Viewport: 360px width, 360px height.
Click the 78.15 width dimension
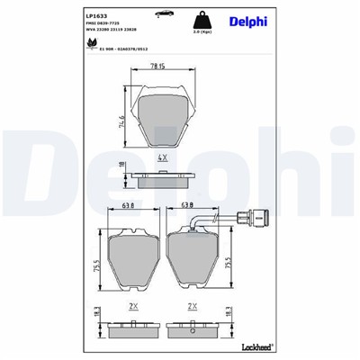tap(158, 66)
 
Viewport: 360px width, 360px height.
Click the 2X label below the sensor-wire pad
tap(191, 306)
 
